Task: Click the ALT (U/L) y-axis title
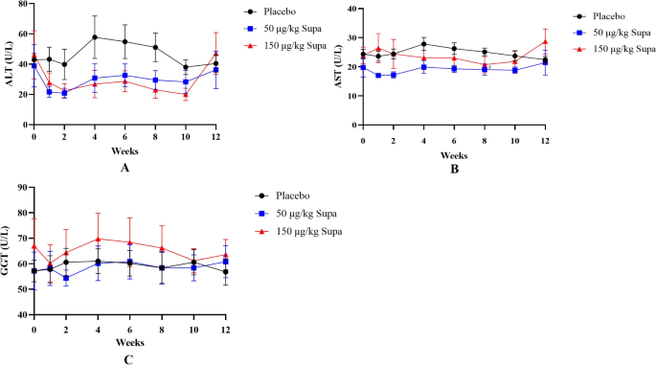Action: click(x=9, y=65)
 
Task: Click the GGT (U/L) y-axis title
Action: click(x=9, y=250)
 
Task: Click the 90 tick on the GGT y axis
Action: click(x=24, y=187)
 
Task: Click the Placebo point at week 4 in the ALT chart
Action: click(x=95, y=37)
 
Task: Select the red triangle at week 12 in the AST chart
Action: click(x=545, y=41)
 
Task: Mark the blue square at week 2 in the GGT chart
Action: click(x=64, y=279)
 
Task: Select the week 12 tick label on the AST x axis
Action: click(x=545, y=141)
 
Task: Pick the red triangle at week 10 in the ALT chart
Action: click(x=186, y=94)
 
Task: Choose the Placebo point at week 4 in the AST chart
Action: click(x=423, y=44)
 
